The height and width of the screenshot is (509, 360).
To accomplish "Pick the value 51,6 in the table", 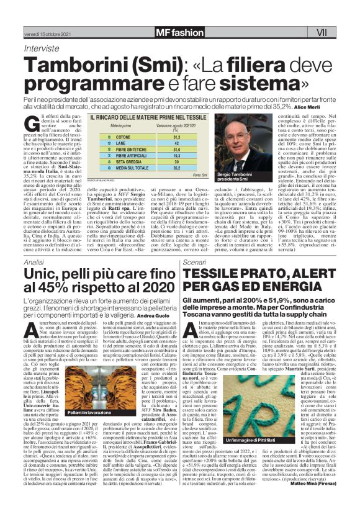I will [176, 150].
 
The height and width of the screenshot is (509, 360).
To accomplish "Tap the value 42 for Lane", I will [176, 143].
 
